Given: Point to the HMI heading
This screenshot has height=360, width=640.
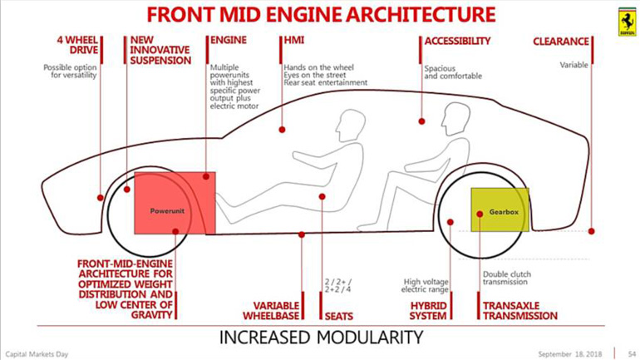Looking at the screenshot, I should pos(294,40).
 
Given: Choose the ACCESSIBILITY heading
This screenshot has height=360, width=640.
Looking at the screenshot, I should pos(457,40).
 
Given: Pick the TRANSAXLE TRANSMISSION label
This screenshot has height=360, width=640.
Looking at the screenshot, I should pos(520,310).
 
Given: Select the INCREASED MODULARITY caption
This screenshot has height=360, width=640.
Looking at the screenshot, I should pos(320,338).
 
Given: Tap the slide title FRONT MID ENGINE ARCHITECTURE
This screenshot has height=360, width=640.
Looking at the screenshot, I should pos(319,15).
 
